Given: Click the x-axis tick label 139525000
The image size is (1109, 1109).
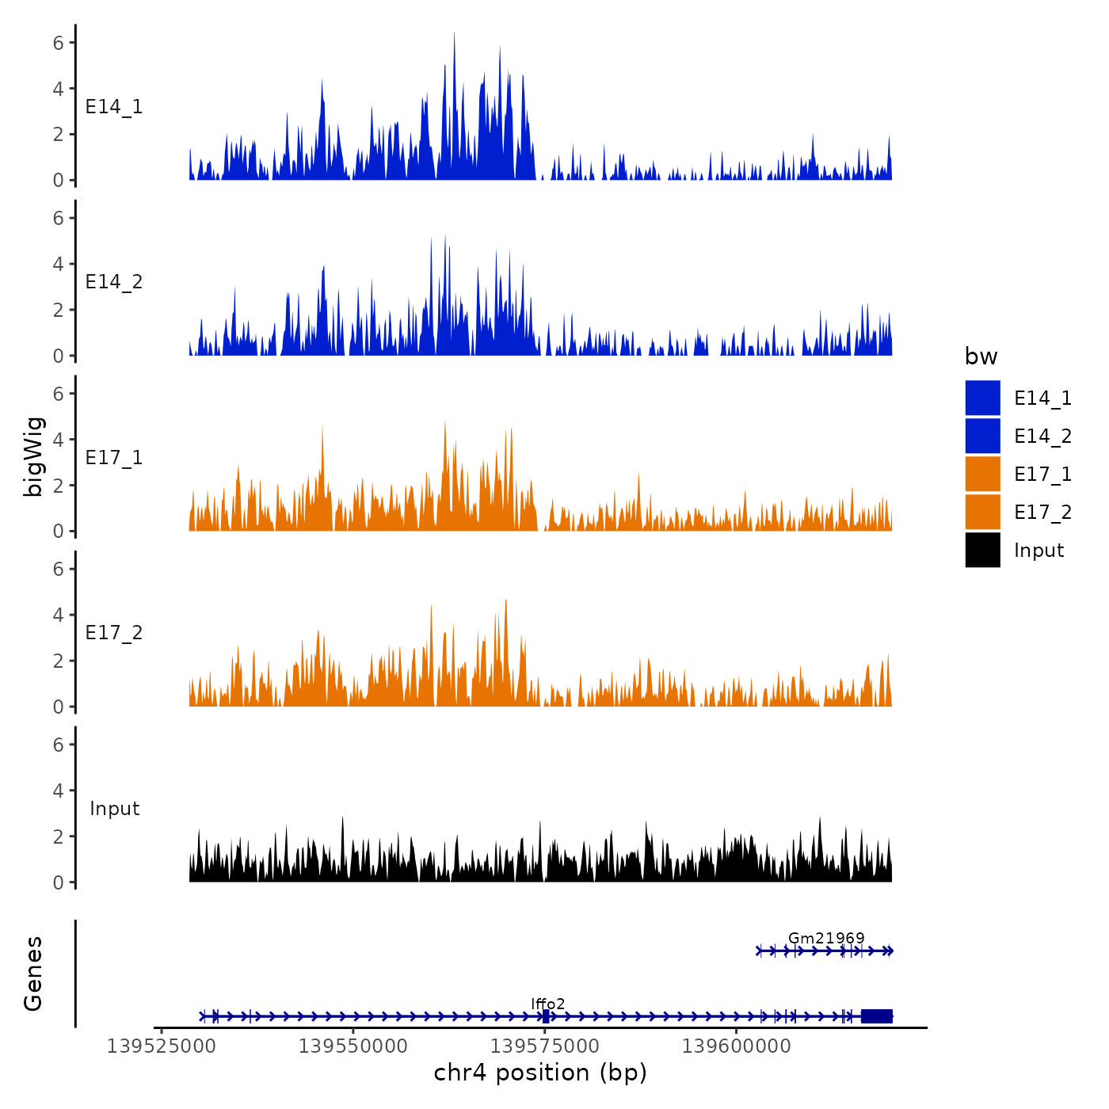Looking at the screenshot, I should (161, 1046).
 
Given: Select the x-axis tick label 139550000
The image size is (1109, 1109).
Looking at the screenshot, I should (353, 1046).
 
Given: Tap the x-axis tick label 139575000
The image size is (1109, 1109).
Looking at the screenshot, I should (545, 1046).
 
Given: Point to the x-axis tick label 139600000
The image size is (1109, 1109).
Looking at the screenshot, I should (737, 1046).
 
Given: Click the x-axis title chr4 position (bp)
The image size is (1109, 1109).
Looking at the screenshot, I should (540, 1073).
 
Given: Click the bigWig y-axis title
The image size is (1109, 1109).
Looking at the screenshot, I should (33, 457).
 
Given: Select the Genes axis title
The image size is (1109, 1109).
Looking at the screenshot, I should (33, 974).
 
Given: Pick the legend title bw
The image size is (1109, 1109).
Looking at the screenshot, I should (981, 357).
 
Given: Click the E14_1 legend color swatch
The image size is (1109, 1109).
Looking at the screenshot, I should (982, 398).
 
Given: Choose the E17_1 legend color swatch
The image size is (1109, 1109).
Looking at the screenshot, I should (982, 474).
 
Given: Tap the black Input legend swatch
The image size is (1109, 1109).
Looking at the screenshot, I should (982, 550).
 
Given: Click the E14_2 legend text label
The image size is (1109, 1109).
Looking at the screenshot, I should (1042, 436).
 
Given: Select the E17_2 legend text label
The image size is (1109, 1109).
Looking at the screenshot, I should (1042, 513).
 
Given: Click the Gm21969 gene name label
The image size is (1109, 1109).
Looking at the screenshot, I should (826, 939).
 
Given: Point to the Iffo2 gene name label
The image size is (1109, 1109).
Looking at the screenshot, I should (548, 1004).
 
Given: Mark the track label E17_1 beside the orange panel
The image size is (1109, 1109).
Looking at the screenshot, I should (114, 458).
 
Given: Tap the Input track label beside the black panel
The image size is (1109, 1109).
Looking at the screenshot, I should (114, 809).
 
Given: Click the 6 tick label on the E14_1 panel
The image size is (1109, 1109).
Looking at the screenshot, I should (58, 43).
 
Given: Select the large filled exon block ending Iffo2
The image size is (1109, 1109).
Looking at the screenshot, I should (876, 1016).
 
